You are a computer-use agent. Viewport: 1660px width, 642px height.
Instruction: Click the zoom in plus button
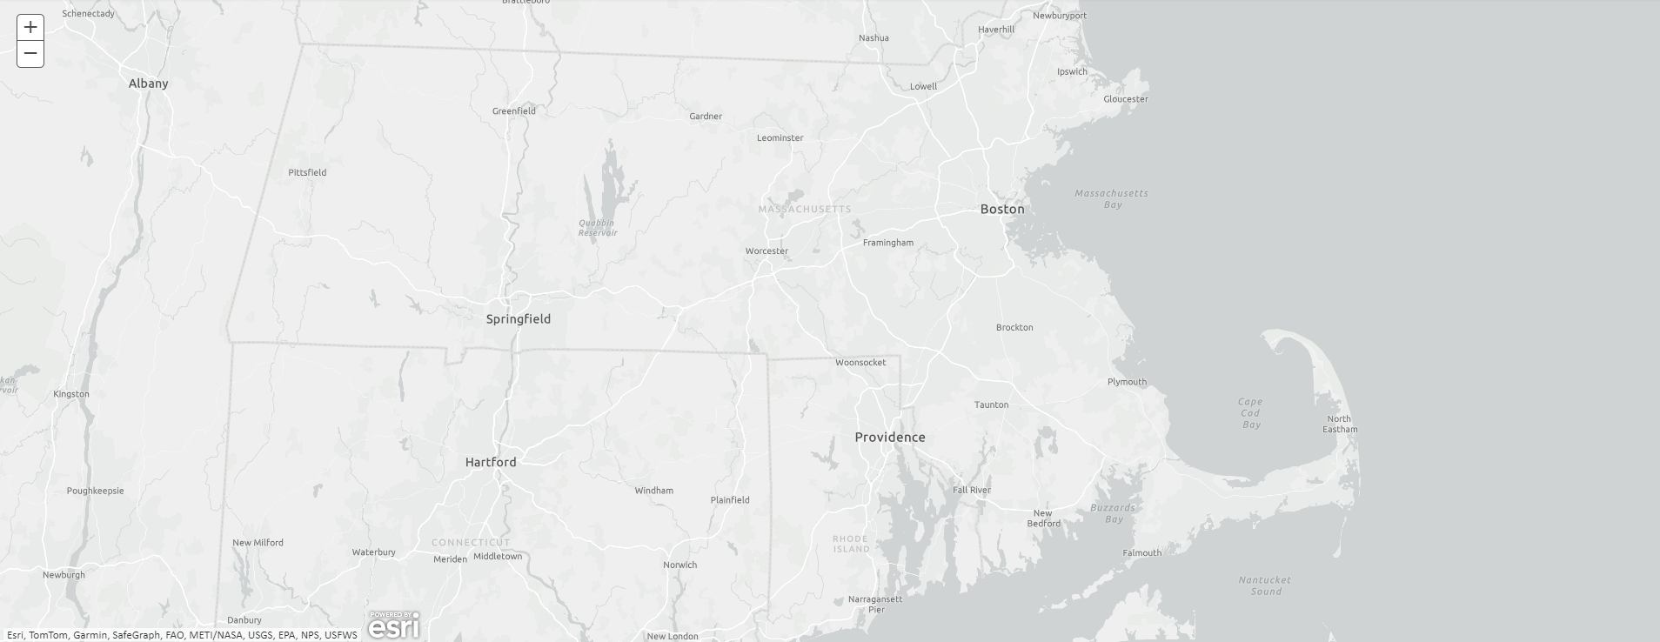pos(30,27)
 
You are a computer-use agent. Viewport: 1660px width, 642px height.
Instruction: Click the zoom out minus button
pos(30,54)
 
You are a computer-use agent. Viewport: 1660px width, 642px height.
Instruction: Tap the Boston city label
pos(1002,209)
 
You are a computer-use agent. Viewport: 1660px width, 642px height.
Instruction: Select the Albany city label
pos(148,84)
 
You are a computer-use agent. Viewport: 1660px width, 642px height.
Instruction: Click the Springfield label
pos(518,319)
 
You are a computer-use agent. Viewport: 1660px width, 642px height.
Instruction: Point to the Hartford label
pos(491,462)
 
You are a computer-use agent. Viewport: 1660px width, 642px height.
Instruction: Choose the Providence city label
pos(889,437)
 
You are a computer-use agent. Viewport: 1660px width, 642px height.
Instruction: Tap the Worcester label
pos(766,251)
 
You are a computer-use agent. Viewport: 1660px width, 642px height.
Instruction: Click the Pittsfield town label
pos(307,172)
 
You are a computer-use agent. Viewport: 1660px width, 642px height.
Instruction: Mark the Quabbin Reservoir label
pos(598,228)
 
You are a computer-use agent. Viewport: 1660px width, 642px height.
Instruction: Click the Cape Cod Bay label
pos(1250,413)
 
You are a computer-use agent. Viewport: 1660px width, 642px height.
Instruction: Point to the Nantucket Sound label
pos(1265,585)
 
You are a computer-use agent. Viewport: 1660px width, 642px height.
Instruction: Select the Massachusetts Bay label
pos(1111,199)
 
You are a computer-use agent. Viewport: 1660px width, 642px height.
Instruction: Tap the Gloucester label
pos(1126,99)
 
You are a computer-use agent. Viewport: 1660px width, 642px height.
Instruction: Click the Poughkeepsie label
pos(95,491)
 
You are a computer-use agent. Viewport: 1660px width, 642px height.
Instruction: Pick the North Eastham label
pos(1340,424)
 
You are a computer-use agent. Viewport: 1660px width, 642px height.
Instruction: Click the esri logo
pos(393,625)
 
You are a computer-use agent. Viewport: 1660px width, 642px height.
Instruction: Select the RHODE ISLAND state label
pos(850,544)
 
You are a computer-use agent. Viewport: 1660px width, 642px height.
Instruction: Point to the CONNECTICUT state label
pos(471,542)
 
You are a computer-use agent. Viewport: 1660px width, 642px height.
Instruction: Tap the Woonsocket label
pos(860,363)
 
